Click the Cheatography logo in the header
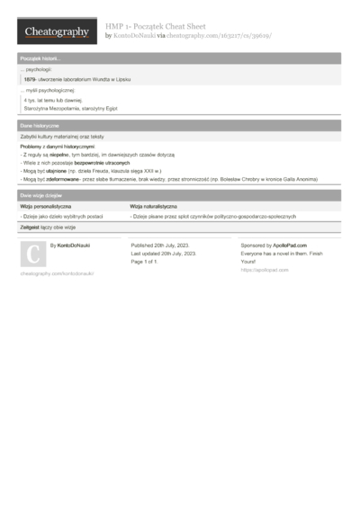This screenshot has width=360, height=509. point(57,31)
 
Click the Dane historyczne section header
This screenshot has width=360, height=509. point(40,126)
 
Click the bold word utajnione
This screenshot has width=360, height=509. point(58,171)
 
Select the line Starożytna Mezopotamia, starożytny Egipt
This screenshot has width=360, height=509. point(71,108)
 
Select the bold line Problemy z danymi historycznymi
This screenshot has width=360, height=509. point(57,146)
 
